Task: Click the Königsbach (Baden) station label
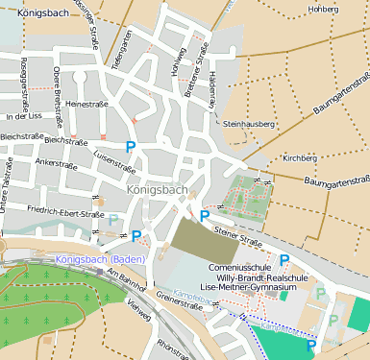tap(101, 259)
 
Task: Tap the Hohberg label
tap(322, 10)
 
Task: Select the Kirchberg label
tap(300, 157)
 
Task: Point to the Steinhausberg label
tap(248, 124)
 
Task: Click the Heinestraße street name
tap(87, 103)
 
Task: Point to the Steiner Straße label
tap(237, 231)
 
